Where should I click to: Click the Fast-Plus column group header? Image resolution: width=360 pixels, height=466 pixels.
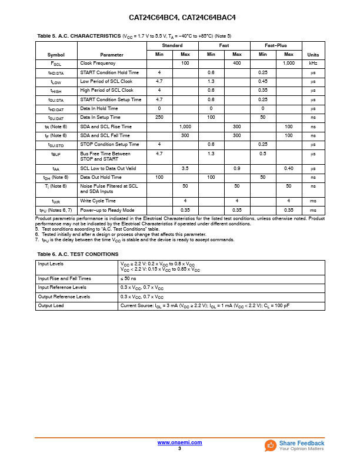click(x=276, y=45)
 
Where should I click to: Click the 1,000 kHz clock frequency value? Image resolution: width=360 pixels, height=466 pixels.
click(x=289, y=63)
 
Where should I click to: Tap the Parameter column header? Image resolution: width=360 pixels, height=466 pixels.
click(x=112, y=54)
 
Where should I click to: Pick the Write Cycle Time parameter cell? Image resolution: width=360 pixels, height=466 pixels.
click(x=98, y=201)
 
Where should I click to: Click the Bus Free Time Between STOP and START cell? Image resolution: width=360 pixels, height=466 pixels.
click(x=105, y=156)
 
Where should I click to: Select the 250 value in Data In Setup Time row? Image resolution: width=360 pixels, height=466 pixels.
click(x=159, y=118)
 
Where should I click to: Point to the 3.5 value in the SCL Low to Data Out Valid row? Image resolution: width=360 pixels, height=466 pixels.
click(x=185, y=168)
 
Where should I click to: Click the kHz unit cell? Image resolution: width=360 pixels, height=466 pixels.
click(x=313, y=63)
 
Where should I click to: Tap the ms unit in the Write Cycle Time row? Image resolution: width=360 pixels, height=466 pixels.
click(x=313, y=201)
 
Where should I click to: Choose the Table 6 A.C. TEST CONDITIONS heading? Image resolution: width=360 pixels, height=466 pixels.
click(x=78, y=254)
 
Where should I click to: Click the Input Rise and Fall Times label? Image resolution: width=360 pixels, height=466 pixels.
click(x=65, y=278)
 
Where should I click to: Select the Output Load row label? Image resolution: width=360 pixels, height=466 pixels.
click(x=51, y=306)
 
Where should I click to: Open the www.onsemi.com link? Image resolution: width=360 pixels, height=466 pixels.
click(x=179, y=442)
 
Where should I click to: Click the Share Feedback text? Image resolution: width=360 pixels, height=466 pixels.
click(x=302, y=443)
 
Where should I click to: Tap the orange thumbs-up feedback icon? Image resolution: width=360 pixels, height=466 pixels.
click(x=271, y=445)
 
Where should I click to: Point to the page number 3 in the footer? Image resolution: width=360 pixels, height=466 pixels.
click(x=179, y=448)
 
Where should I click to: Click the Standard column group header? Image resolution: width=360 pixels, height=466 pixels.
click(x=172, y=45)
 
